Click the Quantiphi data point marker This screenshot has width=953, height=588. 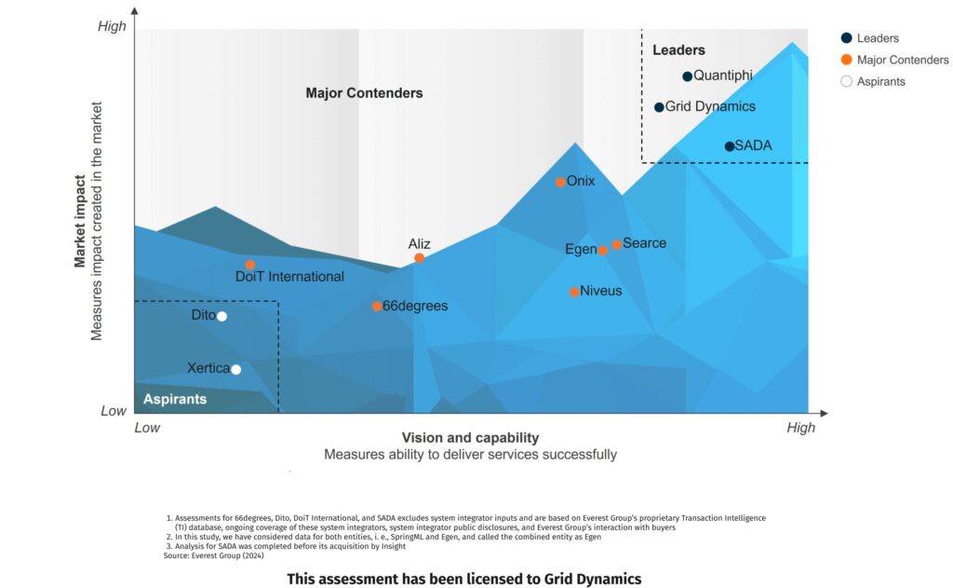coord(687,76)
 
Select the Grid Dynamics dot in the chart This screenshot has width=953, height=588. coord(659,107)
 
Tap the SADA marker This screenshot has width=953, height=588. coord(730,146)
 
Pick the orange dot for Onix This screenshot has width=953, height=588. coord(560,182)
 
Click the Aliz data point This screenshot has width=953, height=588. coord(420,258)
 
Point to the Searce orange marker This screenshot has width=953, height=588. coord(616,244)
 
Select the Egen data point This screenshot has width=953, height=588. coord(603,250)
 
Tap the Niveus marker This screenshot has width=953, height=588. coord(574,292)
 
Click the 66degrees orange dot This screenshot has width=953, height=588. coord(377,306)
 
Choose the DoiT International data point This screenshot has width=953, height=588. coord(250,265)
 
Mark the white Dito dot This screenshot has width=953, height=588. coord(221,316)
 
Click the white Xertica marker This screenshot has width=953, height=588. coord(236,369)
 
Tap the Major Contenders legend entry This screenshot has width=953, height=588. coord(893,60)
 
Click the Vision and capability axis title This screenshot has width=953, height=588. coord(470,438)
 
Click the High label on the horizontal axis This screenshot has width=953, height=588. coord(800,428)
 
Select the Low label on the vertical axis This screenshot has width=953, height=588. coord(114,411)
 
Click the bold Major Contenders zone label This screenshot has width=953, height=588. coord(364,93)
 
